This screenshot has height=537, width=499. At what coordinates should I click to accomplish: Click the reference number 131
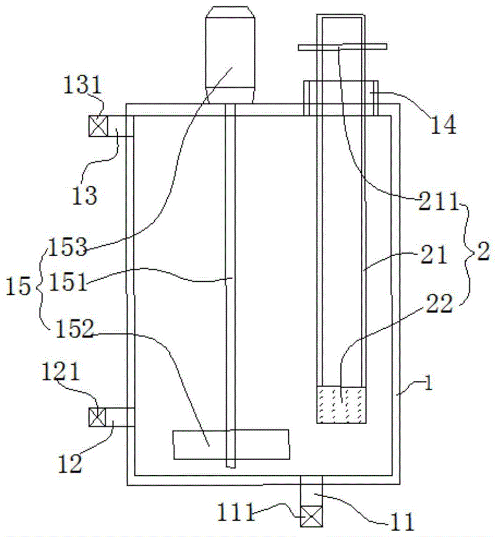82,85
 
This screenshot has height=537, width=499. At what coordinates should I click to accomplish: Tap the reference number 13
84,195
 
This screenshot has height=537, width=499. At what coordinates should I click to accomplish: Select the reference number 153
68,246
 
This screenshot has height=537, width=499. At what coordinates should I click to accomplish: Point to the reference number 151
68,282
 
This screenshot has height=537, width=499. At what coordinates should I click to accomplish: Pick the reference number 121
61,372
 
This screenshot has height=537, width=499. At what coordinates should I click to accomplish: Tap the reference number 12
70,464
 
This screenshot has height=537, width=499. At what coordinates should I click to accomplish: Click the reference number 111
237,512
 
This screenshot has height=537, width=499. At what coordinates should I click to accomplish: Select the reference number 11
403,521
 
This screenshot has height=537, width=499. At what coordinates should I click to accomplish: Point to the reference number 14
444,125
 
